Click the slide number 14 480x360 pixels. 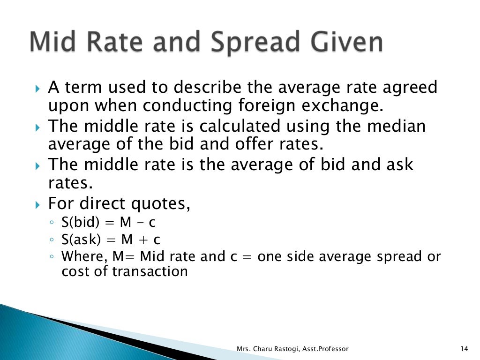pos(465,349)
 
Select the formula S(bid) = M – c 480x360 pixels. pos(108,222)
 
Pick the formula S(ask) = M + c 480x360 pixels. pos(111,240)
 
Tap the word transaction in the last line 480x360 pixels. pos(150,271)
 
